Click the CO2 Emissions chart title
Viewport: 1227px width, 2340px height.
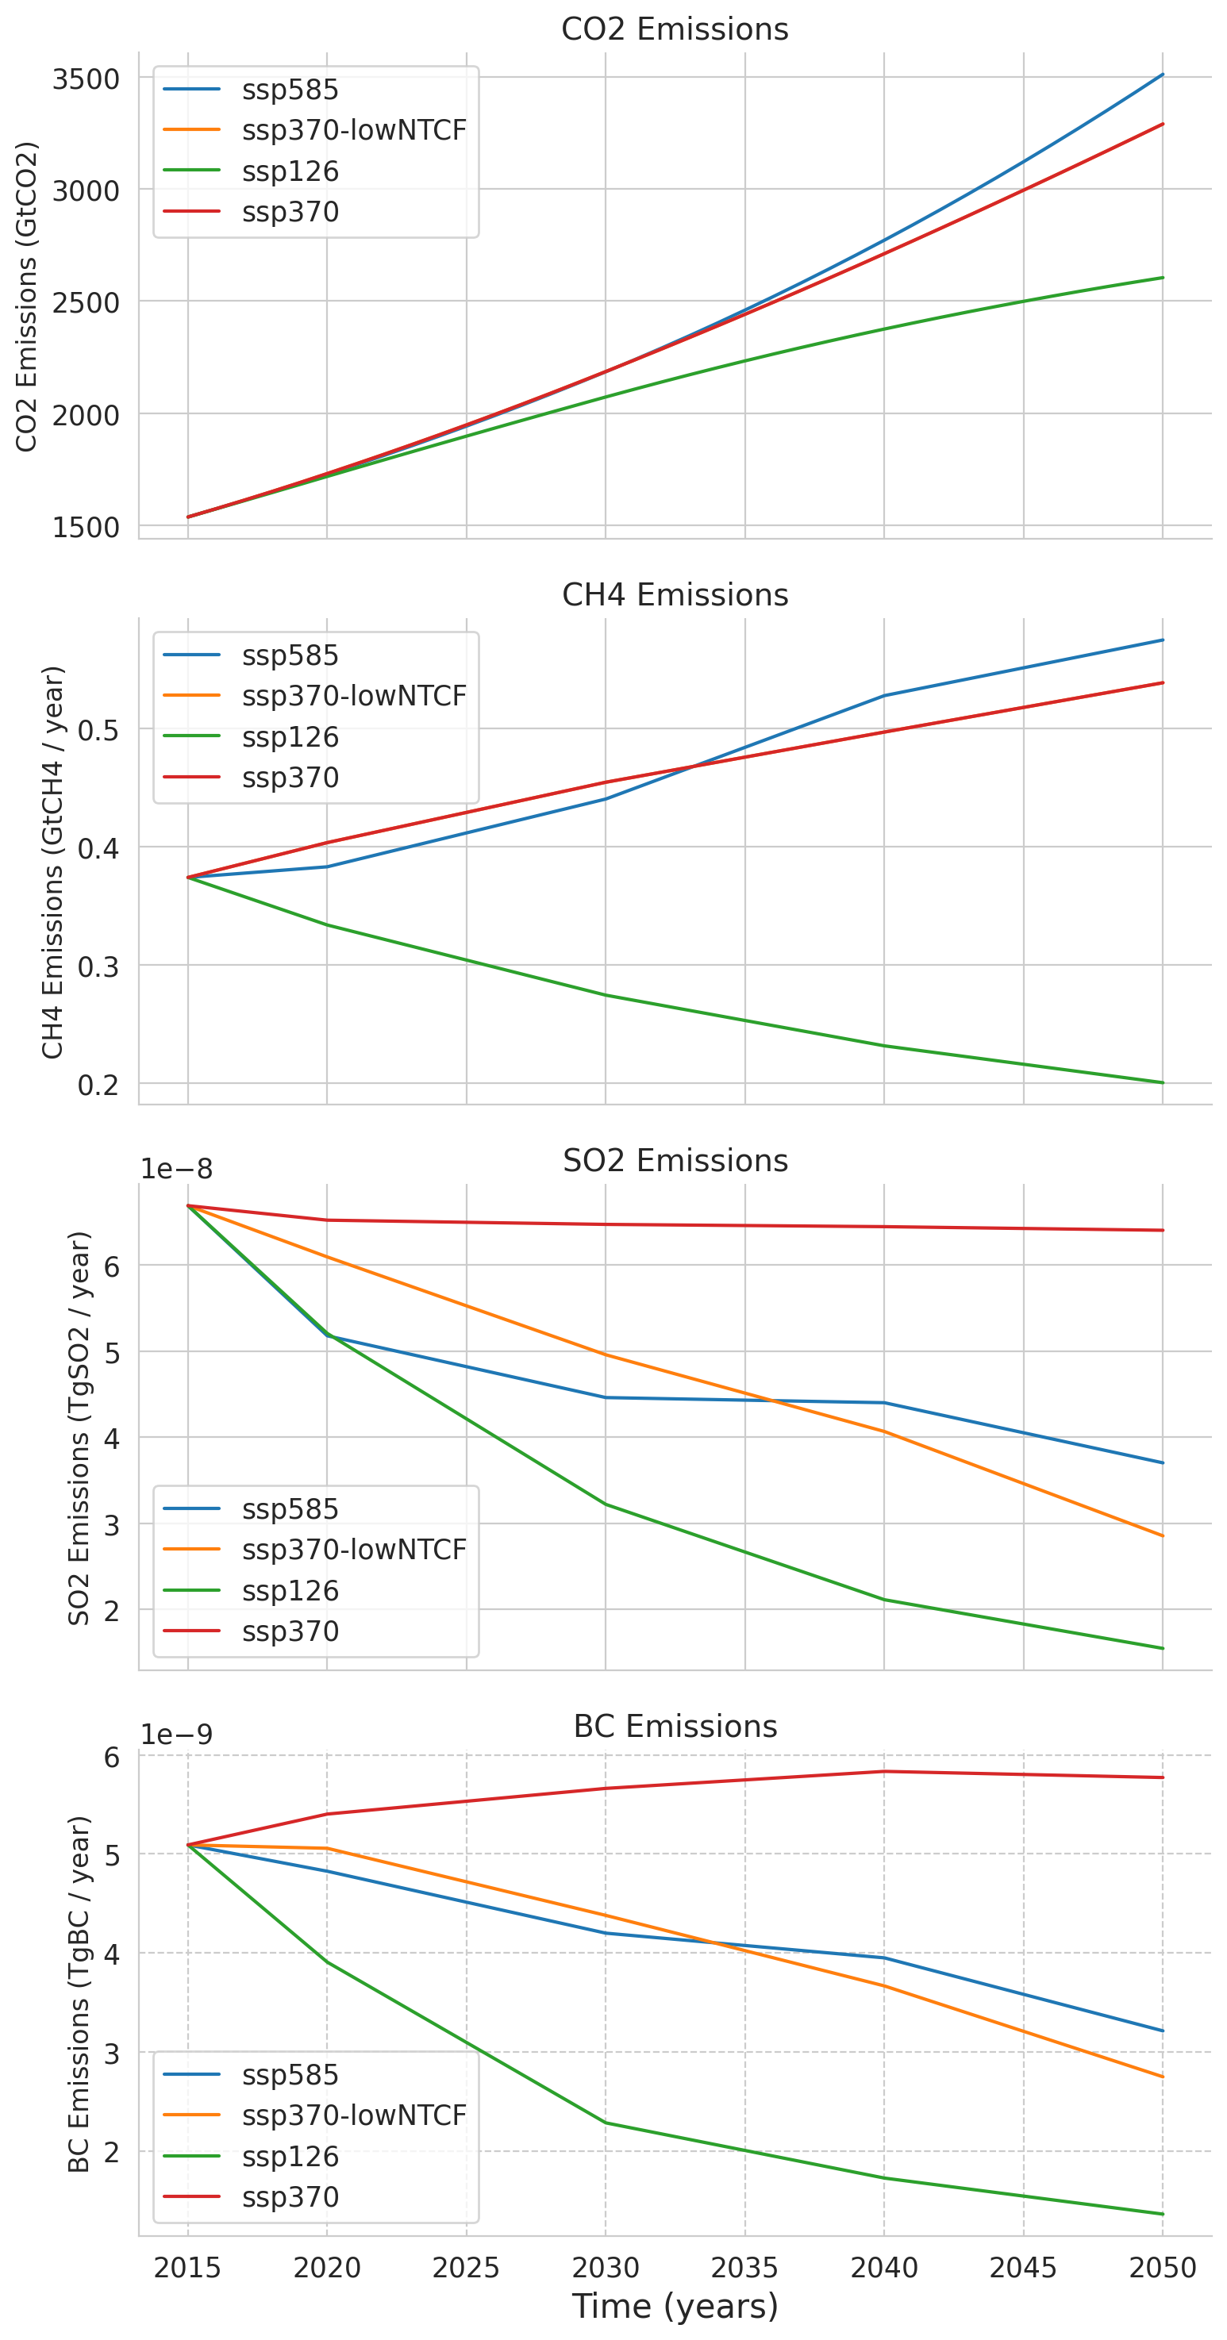pos(675,29)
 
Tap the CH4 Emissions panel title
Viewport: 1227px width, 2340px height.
pos(675,594)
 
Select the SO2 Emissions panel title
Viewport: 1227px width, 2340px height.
pos(675,1160)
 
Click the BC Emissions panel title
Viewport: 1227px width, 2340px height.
pos(675,1726)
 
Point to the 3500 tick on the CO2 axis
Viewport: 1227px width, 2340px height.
pos(86,79)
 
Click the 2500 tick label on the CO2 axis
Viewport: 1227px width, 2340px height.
pos(86,302)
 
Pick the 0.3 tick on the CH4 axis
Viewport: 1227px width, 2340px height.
pos(98,966)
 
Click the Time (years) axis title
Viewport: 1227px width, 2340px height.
pos(675,2305)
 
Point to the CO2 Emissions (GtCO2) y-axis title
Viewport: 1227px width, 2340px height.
pos(27,296)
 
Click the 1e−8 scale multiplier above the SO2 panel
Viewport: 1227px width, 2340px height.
pos(175,1168)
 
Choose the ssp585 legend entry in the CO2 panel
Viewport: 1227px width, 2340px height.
pos(290,90)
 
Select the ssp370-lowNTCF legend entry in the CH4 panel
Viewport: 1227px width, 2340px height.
pos(353,696)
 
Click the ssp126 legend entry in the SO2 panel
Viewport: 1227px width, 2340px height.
pos(290,1591)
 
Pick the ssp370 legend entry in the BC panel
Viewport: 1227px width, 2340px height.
pos(290,2196)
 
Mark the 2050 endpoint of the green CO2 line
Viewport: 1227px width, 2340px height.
pos(1163,278)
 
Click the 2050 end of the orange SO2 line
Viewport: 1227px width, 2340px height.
pos(1163,1536)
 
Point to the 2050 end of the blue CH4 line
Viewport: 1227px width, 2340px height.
pos(1163,640)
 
